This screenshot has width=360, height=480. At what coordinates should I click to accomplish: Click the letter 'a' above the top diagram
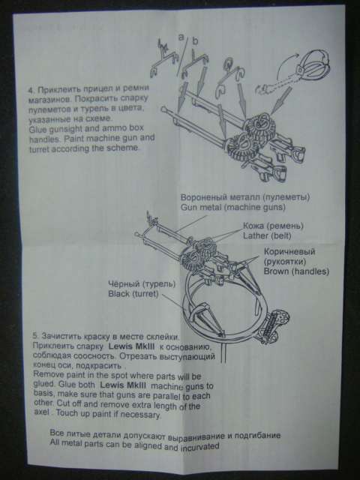181,37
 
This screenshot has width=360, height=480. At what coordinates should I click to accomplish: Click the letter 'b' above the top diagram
195,40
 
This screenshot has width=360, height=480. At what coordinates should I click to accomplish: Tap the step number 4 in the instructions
31,91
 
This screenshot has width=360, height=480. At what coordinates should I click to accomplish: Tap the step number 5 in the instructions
34,335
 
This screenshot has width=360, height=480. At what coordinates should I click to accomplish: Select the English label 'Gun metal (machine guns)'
233,207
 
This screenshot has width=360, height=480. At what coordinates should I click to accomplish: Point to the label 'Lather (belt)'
267,235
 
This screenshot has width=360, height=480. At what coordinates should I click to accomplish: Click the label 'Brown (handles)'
296,271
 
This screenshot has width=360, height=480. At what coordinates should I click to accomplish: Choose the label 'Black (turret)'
133,294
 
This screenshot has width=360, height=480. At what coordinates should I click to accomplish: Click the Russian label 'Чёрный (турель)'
142,284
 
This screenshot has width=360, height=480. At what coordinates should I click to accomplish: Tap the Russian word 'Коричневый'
289,252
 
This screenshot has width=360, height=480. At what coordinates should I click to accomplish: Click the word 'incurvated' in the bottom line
200,447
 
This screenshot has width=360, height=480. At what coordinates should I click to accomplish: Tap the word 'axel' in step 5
42,412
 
